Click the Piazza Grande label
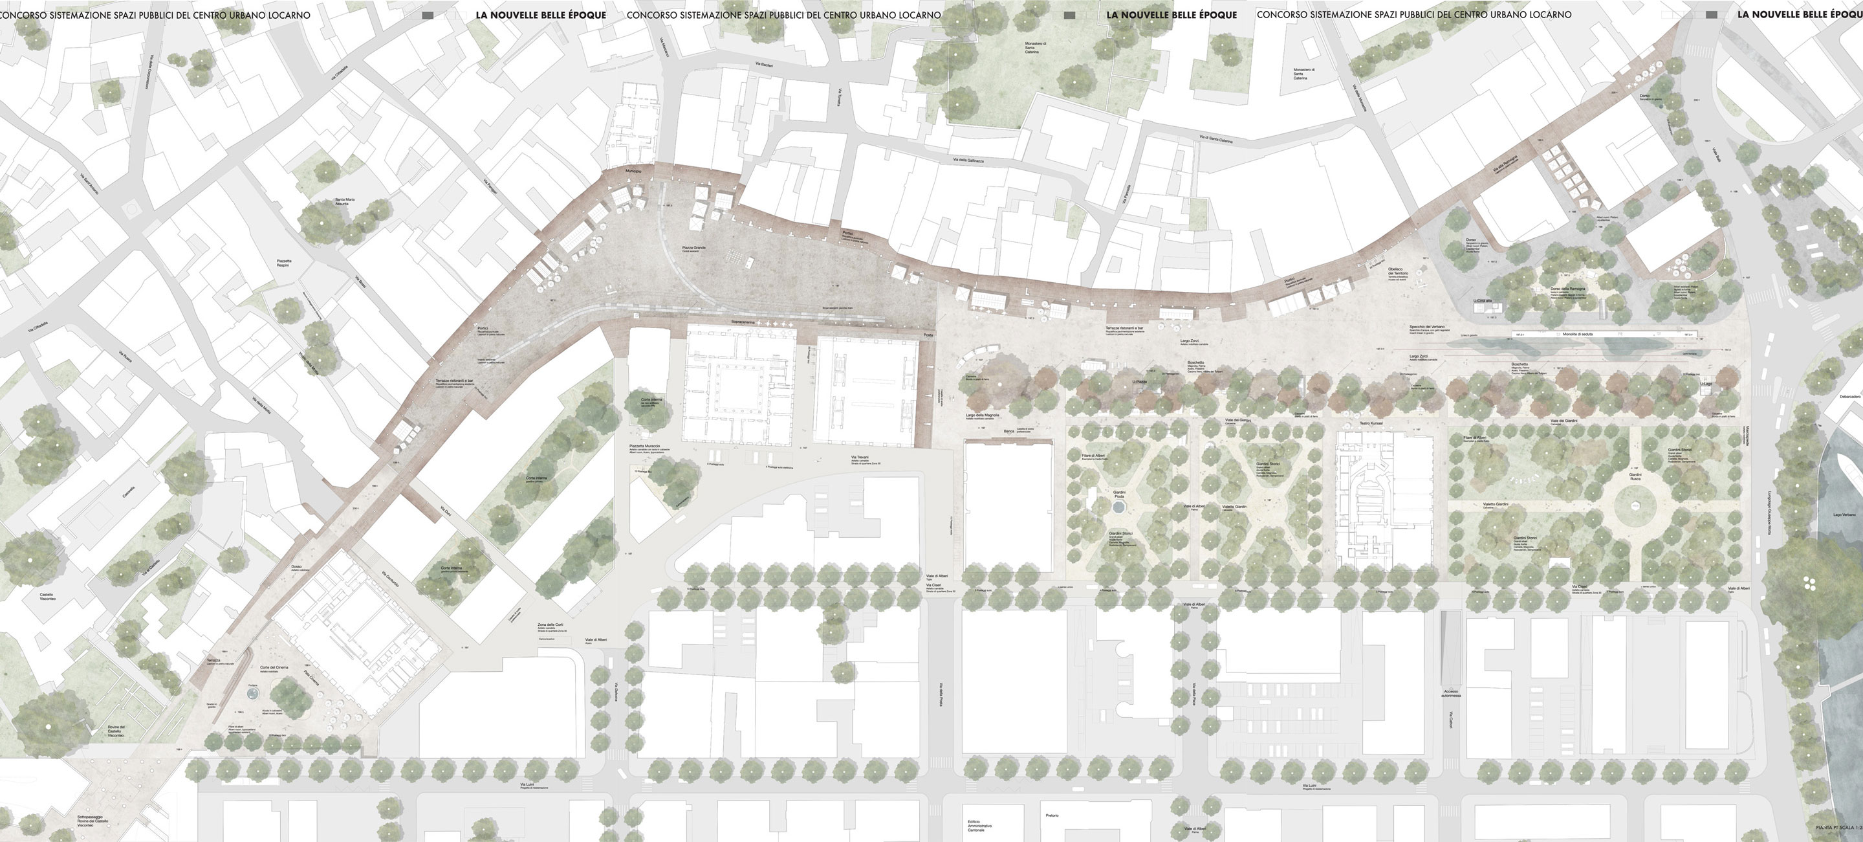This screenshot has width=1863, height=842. (693, 247)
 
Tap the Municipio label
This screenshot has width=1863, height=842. (633, 171)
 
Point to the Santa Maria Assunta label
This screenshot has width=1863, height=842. (345, 202)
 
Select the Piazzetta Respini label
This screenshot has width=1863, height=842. (283, 263)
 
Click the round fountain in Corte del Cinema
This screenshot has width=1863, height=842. (252, 694)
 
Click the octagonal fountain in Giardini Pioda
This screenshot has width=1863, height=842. (1119, 508)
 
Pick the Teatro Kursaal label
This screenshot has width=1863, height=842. (1371, 423)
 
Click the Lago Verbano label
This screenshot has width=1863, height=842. (1844, 515)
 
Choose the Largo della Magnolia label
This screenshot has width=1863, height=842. (982, 415)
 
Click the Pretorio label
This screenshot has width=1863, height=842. (1052, 815)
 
